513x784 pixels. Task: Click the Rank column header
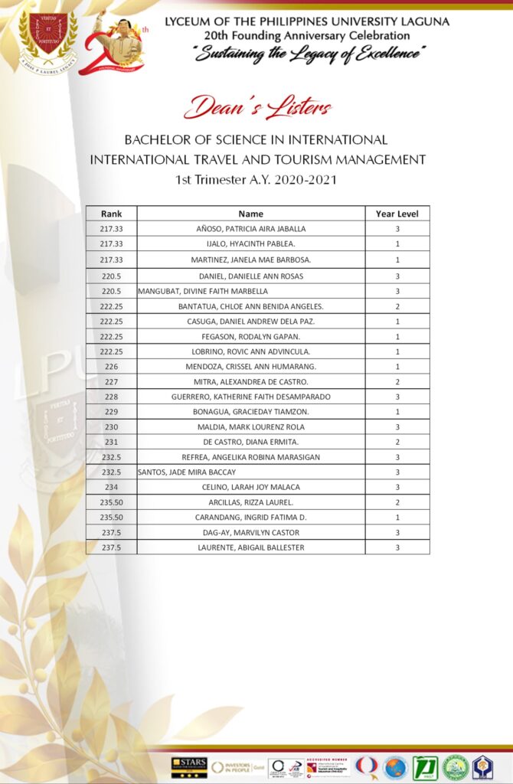tap(112, 214)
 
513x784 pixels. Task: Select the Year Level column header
tap(397, 214)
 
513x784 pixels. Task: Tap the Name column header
tap(250, 214)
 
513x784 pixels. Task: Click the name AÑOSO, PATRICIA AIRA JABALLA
tap(250, 229)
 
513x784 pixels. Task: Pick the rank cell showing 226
tap(112, 367)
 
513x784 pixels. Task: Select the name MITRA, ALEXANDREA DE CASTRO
tap(250, 381)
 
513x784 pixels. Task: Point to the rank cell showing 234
tap(112, 487)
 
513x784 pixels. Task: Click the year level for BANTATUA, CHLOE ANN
tap(397, 306)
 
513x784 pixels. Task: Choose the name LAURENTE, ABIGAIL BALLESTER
tap(250, 547)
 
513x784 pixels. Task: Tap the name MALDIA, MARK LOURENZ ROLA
tap(250, 426)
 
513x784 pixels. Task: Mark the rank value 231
tap(112, 442)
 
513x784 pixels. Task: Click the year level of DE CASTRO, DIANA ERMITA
tap(397, 442)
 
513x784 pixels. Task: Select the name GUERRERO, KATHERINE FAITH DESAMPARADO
tap(250, 397)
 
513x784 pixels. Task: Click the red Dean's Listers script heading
tap(257, 107)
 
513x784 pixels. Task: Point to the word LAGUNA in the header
tap(423, 21)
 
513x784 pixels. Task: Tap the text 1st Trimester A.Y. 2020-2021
tap(256, 180)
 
